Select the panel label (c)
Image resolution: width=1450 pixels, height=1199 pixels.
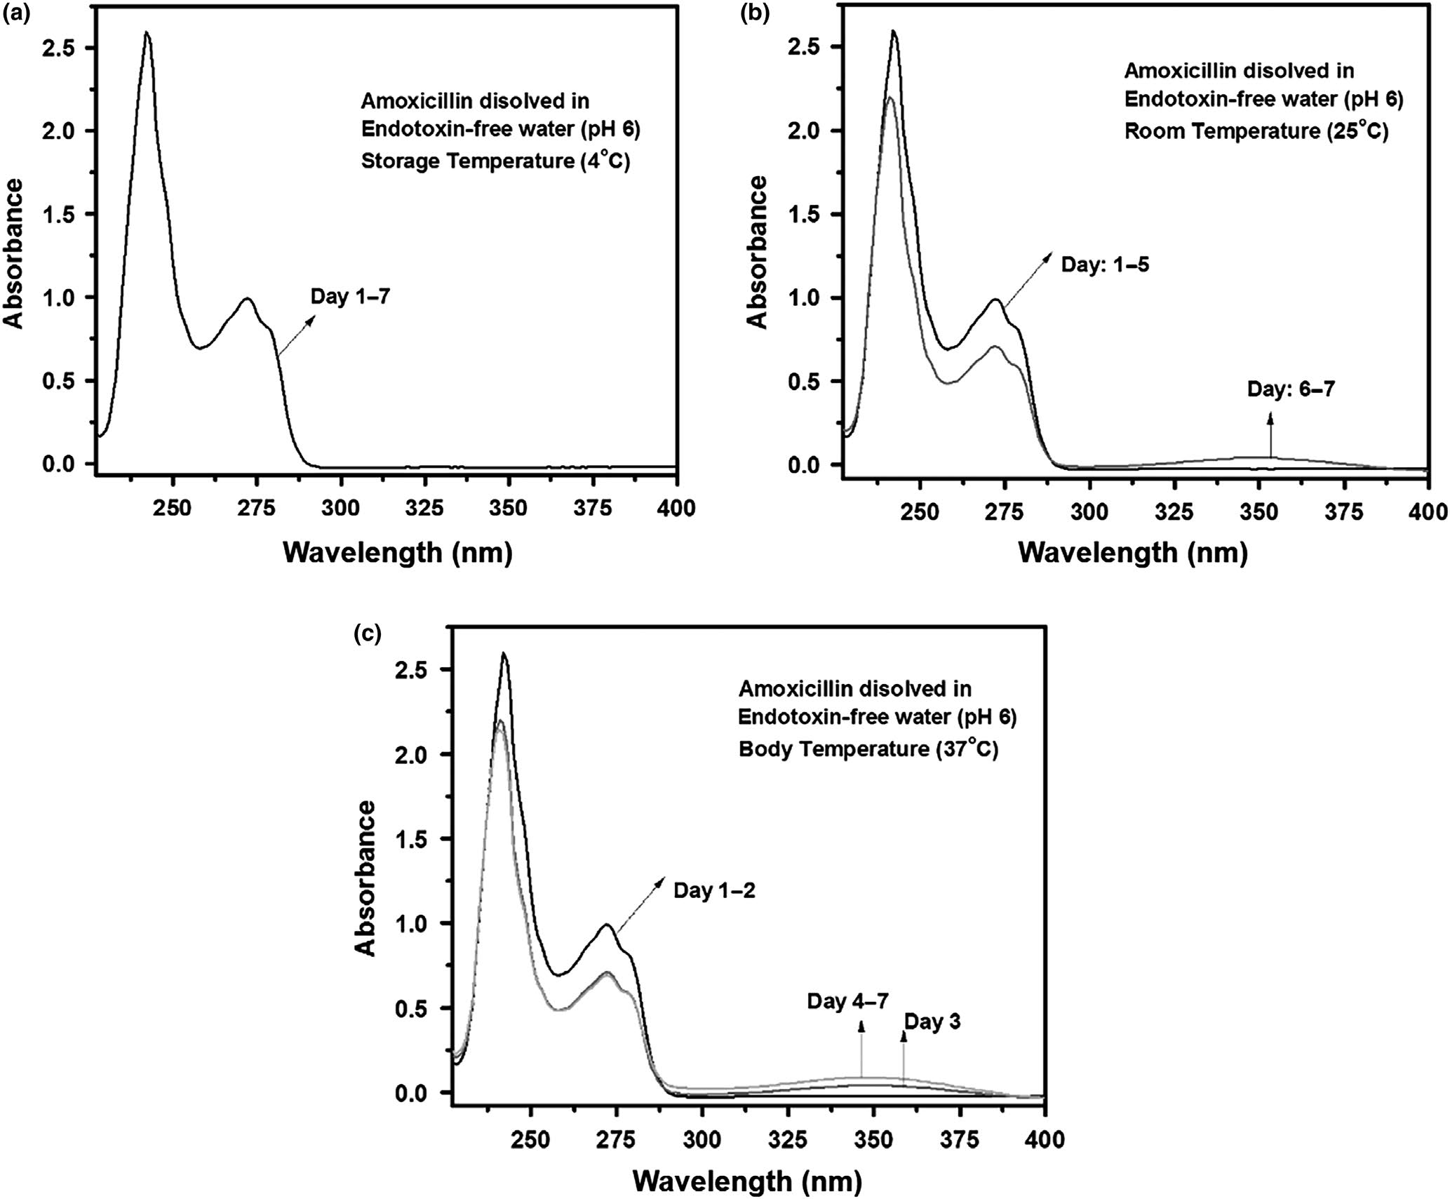tap(368, 634)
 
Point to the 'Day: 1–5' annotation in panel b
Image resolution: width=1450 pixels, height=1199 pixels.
tap(1105, 266)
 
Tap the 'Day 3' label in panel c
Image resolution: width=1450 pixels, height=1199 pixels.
tap(932, 1022)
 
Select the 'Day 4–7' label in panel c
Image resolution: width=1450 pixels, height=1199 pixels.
tap(847, 1001)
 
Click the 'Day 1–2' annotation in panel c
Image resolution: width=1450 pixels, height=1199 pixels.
tap(714, 891)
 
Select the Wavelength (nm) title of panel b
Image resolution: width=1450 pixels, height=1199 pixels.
tap(1133, 554)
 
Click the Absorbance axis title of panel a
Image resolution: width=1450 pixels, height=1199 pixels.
tap(14, 253)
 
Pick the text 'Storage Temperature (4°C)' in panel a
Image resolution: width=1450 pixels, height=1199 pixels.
tap(495, 161)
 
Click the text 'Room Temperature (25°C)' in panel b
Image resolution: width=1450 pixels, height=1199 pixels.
tap(1256, 131)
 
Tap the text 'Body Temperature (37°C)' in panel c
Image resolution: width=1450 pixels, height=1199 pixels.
tap(868, 749)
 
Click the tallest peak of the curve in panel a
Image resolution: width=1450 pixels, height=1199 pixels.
tap(147, 32)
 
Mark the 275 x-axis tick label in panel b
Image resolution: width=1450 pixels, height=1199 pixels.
tap(1005, 512)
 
